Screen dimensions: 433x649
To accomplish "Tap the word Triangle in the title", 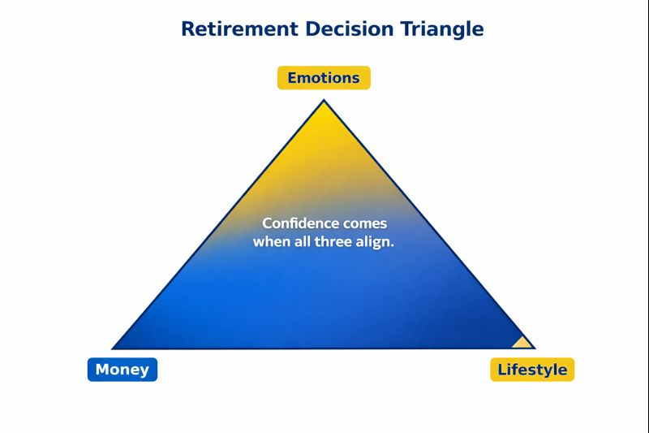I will tap(442, 29).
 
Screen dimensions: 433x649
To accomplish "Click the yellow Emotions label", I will tap(324, 78).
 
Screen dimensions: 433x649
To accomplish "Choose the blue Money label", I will tap(122, 370).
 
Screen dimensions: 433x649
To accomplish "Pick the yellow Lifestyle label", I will tap(532, 370).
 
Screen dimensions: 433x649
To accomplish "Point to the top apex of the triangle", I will tap(324, 102).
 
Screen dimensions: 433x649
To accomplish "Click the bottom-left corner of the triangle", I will tap(115, 348).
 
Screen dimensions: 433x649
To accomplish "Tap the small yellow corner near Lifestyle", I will tap(522, 342).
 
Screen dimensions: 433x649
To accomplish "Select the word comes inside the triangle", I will tap(364, 223).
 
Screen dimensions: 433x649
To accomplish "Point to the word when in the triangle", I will tap(271, 242).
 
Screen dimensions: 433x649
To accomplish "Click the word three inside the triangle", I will tap(333, 242).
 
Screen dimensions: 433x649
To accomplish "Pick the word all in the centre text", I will tap(303, 242).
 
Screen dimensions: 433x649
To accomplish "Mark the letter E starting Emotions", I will tap(293, 78).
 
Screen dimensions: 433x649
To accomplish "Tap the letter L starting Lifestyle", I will tap(502, 370).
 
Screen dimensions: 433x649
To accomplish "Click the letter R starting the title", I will tap(187, 29).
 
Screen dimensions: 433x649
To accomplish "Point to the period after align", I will tap(393, 245).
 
